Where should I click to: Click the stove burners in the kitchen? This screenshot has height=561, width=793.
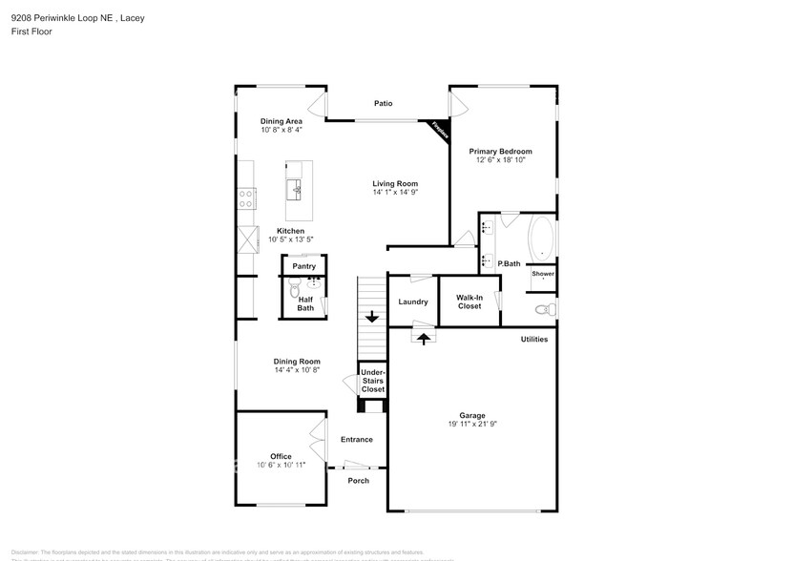click(x=246, y=198)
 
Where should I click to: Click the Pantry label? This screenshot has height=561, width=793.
click(x=303, y=266)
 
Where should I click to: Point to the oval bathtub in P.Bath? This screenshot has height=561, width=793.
click(x=542, y=239)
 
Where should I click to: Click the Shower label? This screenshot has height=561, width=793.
click(x=543, y=274)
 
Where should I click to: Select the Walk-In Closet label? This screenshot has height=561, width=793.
click(x=469, y=301)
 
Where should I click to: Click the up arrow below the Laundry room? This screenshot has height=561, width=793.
click(x=424, y=337)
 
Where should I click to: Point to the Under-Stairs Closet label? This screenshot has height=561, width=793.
click(x=372, y=381)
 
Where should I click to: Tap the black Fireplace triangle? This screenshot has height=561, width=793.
click(x=441, y=130)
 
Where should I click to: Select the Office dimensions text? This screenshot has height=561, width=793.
click(x=281, y=465)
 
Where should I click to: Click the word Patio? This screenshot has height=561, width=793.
click(x=383, y=103)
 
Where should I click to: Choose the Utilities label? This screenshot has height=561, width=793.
click(x=533, y=339)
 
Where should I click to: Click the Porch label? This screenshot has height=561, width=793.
click(x=358, y=480)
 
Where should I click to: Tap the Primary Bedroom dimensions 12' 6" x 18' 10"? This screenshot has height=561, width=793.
click(x=501, y=160)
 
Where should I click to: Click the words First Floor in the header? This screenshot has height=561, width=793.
click(x=32, y=31)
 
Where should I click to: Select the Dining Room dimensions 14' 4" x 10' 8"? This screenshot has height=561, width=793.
click(x=297, y=370)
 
